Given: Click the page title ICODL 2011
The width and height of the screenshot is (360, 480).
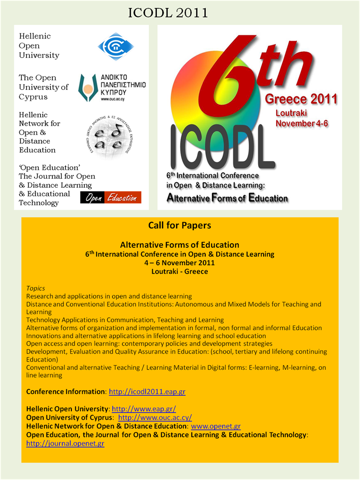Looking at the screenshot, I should pos(168,12).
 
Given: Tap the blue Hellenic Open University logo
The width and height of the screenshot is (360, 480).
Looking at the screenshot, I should pos(116,46).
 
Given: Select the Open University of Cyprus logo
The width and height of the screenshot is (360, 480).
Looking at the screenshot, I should pos(112,88).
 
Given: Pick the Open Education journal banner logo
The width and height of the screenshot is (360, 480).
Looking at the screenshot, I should pos(110,198).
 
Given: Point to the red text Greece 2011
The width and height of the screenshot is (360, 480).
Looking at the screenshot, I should pos(301,99).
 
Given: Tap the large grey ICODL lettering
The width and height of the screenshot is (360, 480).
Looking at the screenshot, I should pos(222,147).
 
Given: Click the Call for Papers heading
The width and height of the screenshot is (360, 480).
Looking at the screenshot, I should pos(180,225).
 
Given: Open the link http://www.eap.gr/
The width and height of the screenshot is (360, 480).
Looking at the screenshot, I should pos(144,409).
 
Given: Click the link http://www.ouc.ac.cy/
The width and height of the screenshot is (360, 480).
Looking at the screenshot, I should pos(155,418).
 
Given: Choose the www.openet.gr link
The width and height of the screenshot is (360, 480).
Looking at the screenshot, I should pos(216,426).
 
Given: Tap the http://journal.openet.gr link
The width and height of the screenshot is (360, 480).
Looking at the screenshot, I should pos(65,444).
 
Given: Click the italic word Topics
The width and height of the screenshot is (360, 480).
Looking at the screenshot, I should pos(35,288).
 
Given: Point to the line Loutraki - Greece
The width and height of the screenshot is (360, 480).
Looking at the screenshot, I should pos(180,272).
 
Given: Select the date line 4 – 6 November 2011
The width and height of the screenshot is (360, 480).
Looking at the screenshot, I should pos(180,263).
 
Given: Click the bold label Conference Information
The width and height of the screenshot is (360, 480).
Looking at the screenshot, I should pos(65,392).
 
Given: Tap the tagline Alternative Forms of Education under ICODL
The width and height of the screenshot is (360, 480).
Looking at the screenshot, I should pos(227,198).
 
